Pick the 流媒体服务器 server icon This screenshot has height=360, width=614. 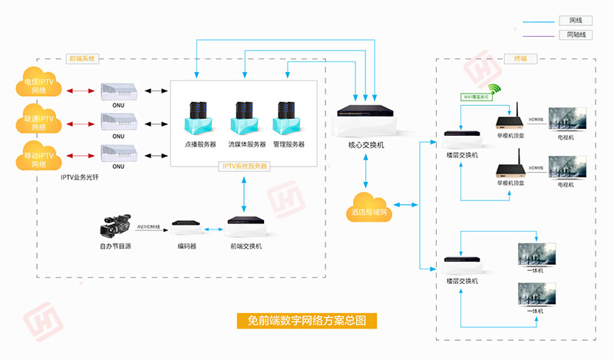pos(246,118)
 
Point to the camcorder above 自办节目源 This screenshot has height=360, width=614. pos(116,226)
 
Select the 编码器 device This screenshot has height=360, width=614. pos(187,227)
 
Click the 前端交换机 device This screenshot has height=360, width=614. pos(246,226)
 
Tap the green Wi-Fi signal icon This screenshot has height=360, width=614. pos(493,91)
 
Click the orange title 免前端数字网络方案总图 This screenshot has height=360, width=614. pos(306,320)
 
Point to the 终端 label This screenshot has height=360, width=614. pos(510,58)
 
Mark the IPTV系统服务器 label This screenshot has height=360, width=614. pos(244,166)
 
